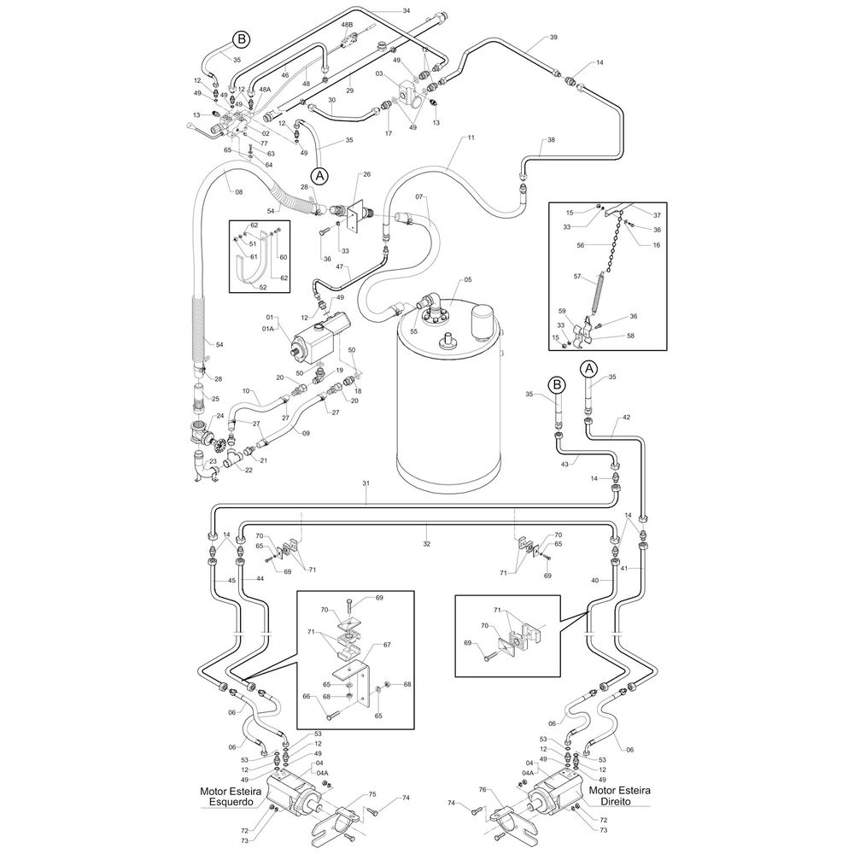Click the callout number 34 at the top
(407, 10)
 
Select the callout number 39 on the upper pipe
(553, 37)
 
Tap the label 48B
(347, 25)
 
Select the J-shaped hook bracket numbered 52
(254, 259)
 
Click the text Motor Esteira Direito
(620, 796)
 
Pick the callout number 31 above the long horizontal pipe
(366, 483)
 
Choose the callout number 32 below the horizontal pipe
(426, 543)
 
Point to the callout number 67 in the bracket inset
(387, 645)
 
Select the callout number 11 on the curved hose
(471, 137)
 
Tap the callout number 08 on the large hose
(238, 191)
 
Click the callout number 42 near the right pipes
(626, 418)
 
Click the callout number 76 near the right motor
(482, 789)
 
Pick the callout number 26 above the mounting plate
(366, 174)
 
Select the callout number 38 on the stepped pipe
(551, 140)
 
